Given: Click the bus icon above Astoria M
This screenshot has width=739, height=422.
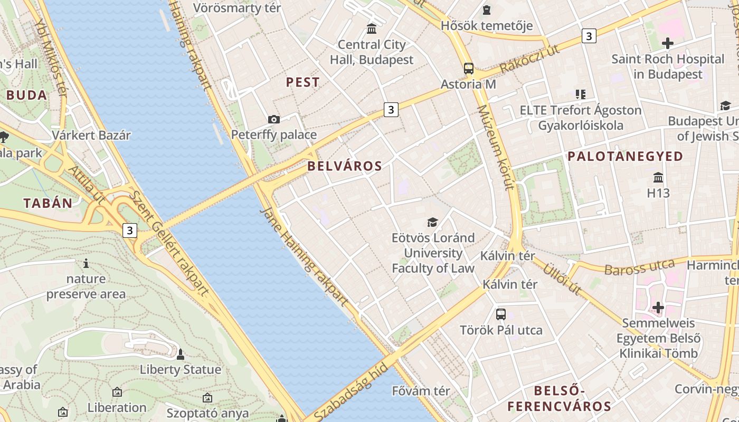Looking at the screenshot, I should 468,68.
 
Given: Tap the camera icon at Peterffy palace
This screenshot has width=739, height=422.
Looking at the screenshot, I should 273,119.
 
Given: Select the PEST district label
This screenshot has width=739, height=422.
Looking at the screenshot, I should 302,82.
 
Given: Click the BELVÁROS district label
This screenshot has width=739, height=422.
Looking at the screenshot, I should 344,166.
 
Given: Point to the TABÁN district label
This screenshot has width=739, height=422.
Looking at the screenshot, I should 48,203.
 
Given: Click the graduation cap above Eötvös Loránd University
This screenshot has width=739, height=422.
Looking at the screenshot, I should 432,222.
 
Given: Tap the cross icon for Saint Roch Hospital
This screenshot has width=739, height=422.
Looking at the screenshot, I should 667,43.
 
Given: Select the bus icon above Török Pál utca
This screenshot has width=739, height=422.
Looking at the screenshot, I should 500,314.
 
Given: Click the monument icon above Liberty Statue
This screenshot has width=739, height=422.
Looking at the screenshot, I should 180,354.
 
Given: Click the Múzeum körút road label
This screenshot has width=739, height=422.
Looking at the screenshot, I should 495,147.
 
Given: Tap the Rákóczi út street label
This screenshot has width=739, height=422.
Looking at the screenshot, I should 529,59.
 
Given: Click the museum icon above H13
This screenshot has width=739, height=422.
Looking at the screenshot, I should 658,177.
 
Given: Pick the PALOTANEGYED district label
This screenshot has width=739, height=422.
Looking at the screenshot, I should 625,156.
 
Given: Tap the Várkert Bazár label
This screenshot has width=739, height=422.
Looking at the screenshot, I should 91,135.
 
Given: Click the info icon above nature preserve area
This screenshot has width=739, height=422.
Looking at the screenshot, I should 86,263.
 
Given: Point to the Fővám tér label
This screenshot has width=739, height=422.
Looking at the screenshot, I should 421,391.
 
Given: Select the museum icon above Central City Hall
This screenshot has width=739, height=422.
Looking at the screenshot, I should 372,28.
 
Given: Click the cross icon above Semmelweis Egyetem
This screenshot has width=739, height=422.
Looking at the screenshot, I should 658,307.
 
